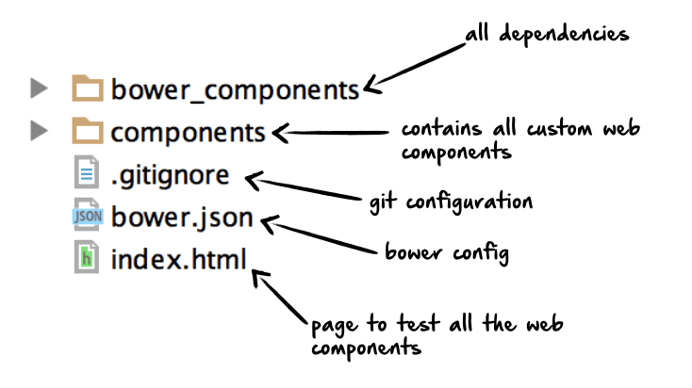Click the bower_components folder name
pos(235,90)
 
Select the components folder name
pos(188,132)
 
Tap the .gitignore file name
pos(170,175)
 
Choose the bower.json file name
pos(182,218)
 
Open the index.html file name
pos(178,258)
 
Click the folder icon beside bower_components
pos(88,89)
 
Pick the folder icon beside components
pos(88,131)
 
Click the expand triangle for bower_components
pos(39,89)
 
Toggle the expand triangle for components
pos(39,131)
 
